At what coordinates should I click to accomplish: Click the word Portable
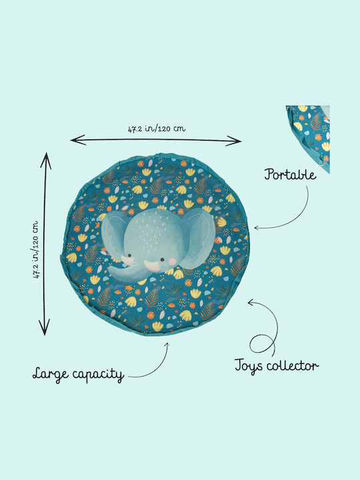tap(290, 174)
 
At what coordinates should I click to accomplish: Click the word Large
tap(51, 375)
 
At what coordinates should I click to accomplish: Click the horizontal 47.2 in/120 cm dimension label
tap(157, 129)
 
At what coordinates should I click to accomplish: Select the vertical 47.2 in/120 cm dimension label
tap(36, 249)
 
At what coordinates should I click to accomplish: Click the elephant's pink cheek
tap(173, 261)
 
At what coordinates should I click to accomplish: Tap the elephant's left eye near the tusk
tap(130, 255)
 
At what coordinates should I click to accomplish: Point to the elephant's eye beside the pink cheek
tap(162, 259)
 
